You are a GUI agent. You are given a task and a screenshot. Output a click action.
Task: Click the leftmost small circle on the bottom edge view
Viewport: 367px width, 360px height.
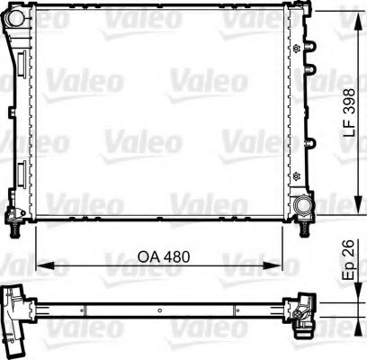(x=84, y=311)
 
